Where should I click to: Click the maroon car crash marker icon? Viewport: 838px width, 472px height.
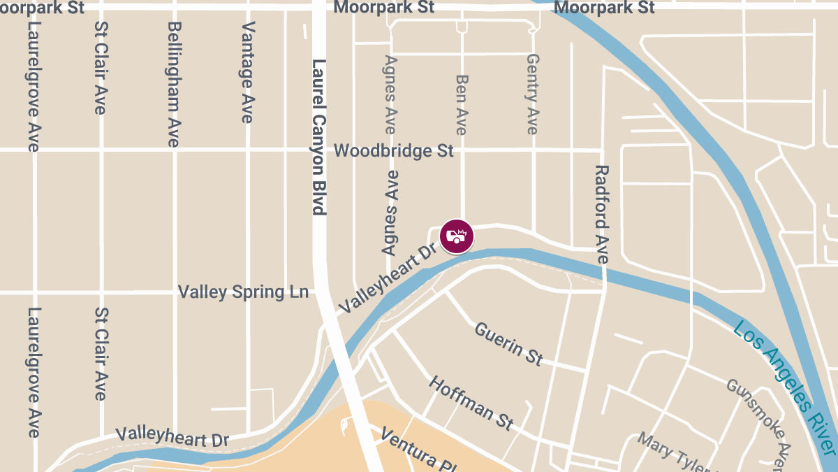point(457,236)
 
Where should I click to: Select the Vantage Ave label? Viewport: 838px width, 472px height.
point(247,73)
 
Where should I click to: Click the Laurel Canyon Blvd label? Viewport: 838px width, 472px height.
point(319,136)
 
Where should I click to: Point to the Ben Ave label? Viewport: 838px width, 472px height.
point(461,104)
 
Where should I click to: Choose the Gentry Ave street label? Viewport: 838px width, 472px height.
point(533,94)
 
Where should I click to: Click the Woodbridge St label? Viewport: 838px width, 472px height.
point(394,150)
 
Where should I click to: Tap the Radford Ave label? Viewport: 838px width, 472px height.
point(602,214)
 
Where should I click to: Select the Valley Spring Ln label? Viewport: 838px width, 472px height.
point(243,292)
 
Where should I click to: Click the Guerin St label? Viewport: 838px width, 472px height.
point(508,343)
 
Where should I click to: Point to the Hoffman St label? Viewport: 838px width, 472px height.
point(471,403)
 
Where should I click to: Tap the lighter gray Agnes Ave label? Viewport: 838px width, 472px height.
point(390,95)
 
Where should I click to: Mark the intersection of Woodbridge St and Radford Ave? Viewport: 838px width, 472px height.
point(602,150)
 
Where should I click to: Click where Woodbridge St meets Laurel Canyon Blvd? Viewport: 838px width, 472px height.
point(319,150)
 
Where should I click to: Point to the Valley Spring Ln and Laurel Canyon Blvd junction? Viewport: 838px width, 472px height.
point(322,292)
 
